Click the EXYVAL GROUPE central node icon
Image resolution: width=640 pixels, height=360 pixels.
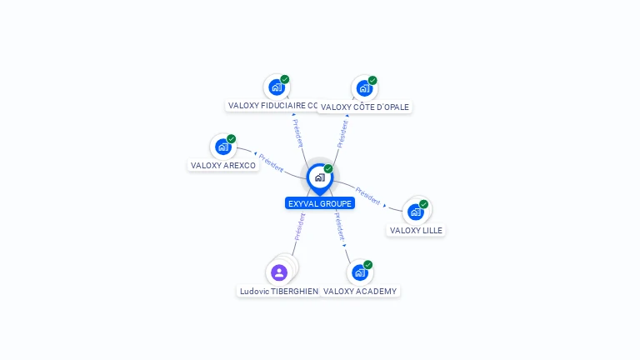(319, 177)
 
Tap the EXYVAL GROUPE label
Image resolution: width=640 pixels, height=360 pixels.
(320, 203)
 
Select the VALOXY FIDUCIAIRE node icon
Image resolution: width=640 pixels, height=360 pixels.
(276, 87)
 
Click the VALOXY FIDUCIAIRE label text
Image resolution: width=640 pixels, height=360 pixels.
(272, 106)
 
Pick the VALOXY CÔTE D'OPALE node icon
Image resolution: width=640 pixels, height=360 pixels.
(364, 88)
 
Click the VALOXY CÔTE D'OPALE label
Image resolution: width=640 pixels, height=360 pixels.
(365, 107)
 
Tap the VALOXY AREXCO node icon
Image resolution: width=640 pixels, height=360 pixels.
(222, 147)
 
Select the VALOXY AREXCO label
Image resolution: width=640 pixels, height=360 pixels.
(223, 165)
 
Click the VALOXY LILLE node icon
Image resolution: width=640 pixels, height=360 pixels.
(416, 212)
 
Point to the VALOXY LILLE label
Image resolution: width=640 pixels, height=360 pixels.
(417, 230)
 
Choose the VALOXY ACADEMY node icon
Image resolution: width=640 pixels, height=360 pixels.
(359, 272)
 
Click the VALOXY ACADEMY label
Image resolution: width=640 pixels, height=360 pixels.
(360, 291)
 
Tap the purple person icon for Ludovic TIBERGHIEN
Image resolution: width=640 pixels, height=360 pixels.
(279, 272)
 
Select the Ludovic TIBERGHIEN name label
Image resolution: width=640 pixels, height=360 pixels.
(279, 291)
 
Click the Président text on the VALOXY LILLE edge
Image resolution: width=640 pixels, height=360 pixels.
(367, 196)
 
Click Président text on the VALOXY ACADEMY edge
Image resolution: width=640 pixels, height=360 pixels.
(340, 227)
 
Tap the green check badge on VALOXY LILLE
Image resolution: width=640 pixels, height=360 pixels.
(423, 204)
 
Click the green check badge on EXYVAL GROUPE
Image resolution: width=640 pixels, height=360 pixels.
(328, 169)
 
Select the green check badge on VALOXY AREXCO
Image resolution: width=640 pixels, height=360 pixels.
(231, 139)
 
